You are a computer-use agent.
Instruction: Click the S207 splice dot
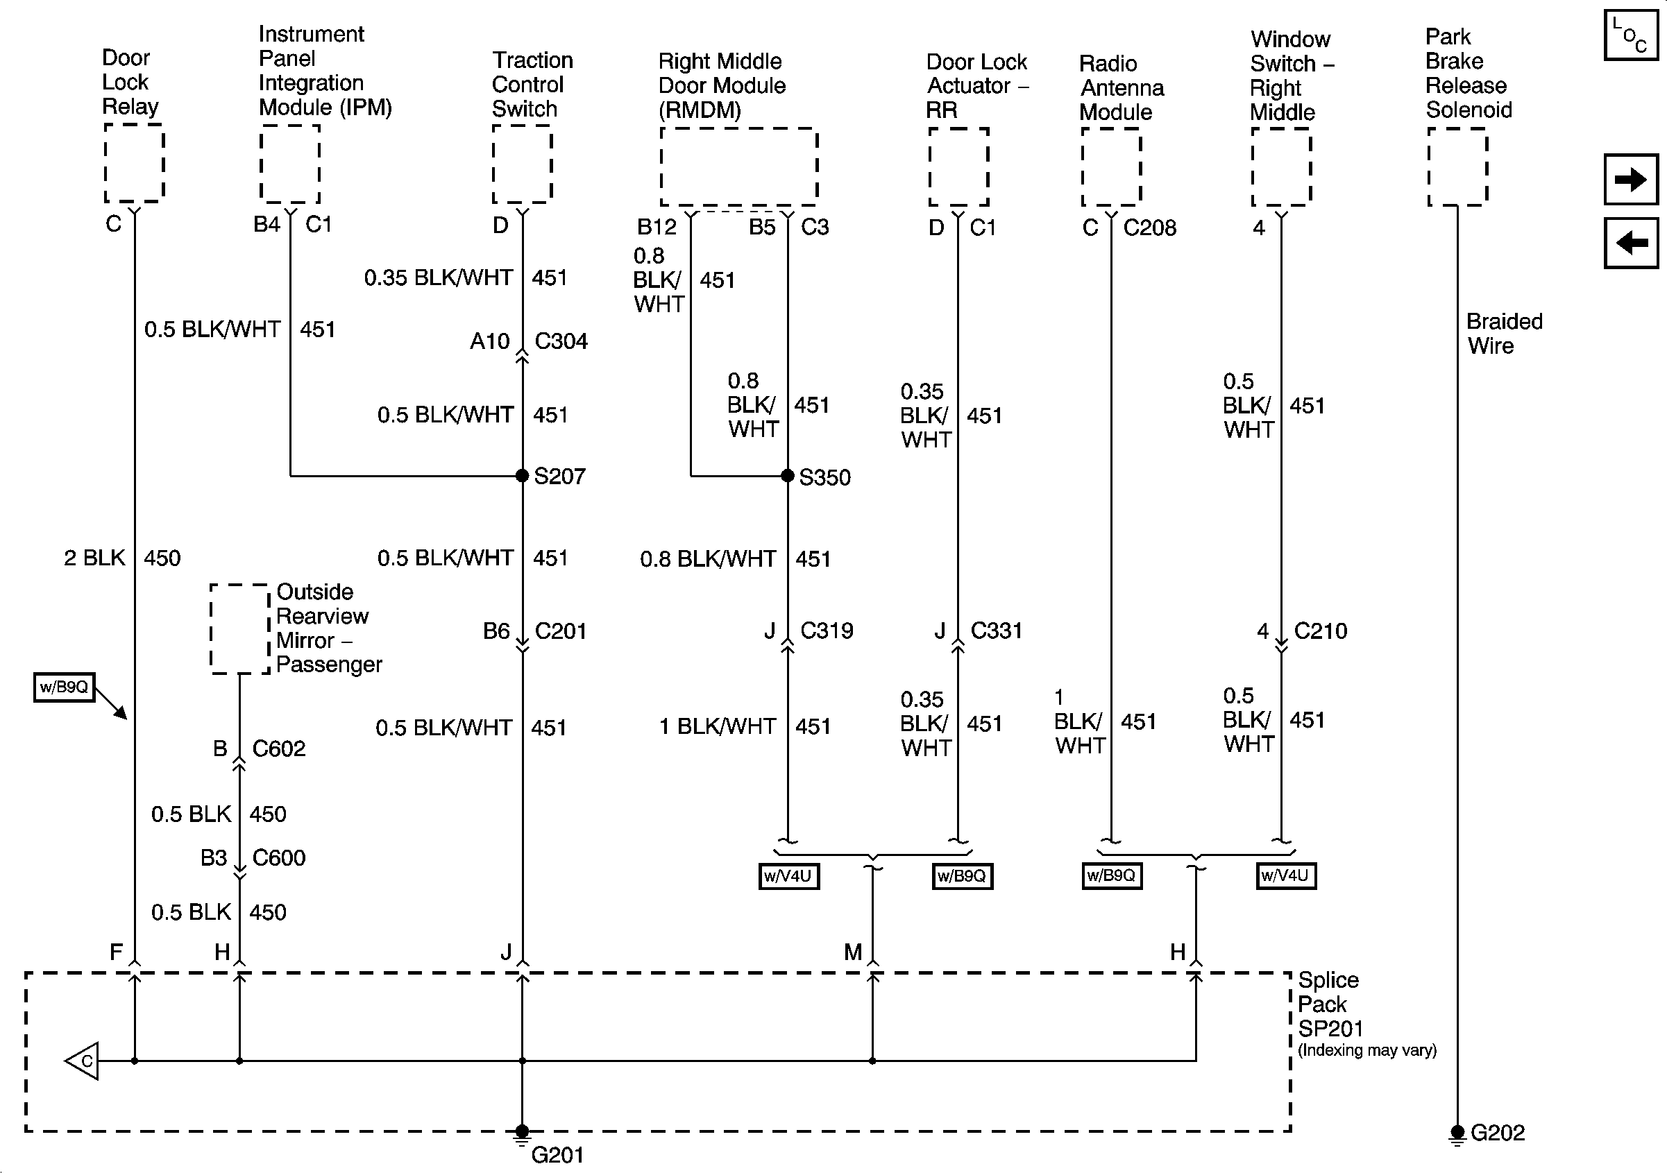click(x=522, y=476)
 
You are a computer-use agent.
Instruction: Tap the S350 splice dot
click(x=788, y=476)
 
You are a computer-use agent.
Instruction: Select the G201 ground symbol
click(x=522, y=1133)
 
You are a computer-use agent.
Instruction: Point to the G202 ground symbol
click(x=1457, y=1133)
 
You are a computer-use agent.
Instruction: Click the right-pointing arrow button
click(x=1631, y=179)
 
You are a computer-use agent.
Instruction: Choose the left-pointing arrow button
click(x=1631, y=243)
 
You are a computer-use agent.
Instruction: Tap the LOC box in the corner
click(x=1631, y=35)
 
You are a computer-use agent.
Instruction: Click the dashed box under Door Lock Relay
click(x=135, y=162)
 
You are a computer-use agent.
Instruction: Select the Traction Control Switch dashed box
click(x=522, y=164)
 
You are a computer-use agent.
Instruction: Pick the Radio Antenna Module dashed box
click(x=1111, y=167)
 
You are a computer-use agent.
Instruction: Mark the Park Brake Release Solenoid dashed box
click(x=1457, y=167)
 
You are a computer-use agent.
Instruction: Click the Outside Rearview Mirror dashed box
click(x=239, y=628)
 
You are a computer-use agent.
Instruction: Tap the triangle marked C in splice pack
click(x=83, y=1061)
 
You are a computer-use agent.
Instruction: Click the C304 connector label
click(x=561, y=341)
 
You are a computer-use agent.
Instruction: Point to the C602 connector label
click(x=279, y=748)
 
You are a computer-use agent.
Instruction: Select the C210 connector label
click(x=1321, y=631)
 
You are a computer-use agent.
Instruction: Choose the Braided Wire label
click(x=1504, y=333)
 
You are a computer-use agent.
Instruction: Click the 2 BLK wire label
click(x=94, y=558)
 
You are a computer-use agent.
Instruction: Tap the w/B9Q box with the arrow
click(x=64, y=687)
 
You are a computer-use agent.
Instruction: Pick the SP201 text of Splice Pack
click(x=1330, y=1029)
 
